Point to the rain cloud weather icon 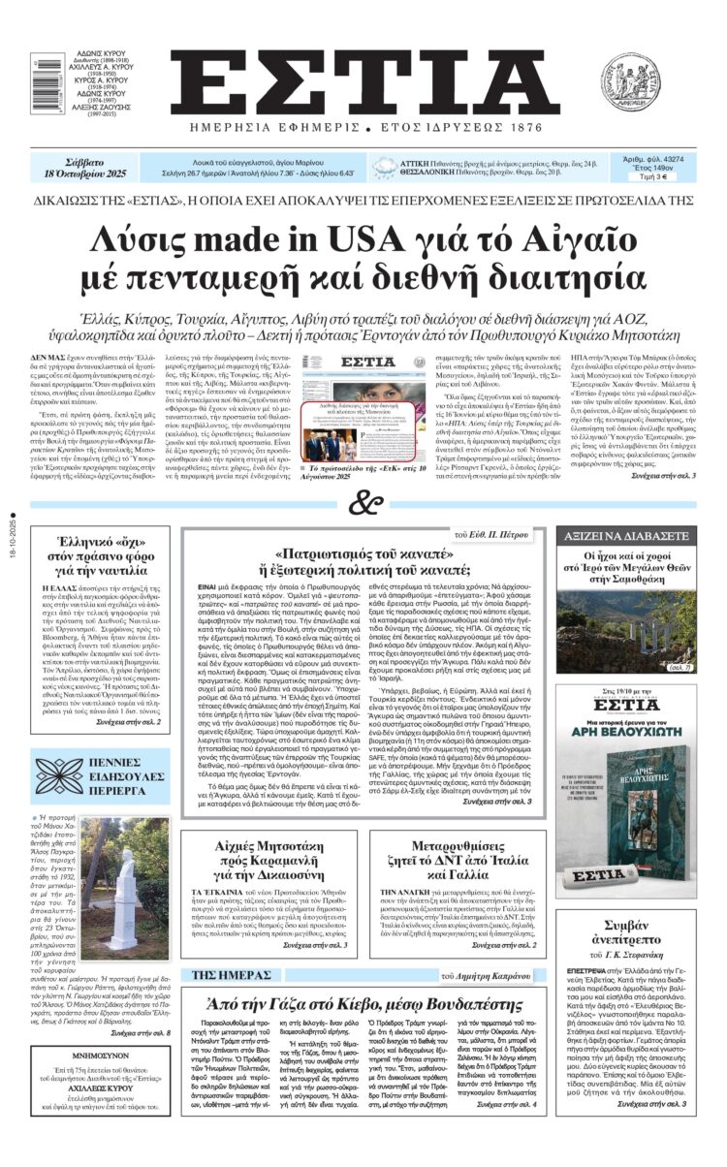pyautogui.click(x=385, y=169)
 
